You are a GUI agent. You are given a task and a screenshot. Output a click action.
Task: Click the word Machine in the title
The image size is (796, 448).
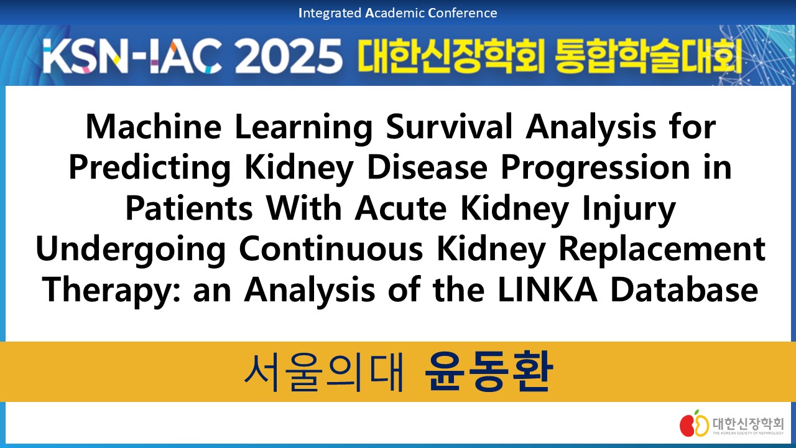154,127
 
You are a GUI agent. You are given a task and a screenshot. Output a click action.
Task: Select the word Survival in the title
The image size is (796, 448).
449,127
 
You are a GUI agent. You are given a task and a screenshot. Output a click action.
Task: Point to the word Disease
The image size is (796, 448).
427,168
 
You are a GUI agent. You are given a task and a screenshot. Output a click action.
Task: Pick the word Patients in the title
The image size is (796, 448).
189,208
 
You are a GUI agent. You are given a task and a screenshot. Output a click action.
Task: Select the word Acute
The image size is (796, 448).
400,208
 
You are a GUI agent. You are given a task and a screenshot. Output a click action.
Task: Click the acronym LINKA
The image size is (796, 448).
548,290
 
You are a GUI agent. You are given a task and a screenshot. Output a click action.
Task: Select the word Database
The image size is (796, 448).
685,290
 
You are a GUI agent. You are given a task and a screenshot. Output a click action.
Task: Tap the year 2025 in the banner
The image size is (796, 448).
289,55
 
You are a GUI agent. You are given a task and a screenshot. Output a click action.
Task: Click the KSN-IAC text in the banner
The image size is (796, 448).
133,56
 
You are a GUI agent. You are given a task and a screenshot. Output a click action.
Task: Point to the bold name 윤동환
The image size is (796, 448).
489,371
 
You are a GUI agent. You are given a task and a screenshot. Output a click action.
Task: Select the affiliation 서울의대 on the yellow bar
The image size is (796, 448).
324,371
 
